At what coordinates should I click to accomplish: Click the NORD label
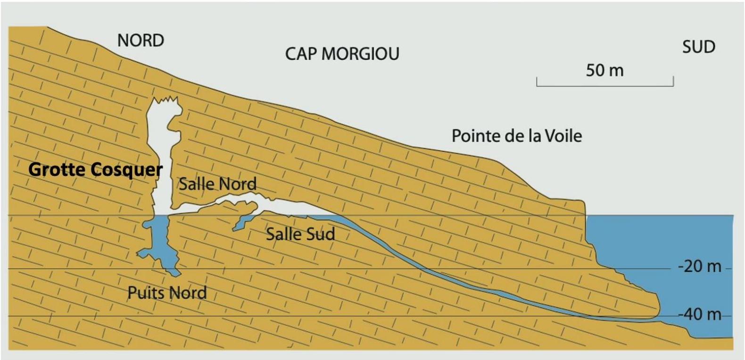[x=141, y=41]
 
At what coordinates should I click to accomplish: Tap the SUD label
[x=699, y=47]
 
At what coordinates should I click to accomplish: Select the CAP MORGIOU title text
[x=342, y=54]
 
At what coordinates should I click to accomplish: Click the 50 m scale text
[x=604, y=70]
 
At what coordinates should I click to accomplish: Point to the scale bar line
[x=605, y=86]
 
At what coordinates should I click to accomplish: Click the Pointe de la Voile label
[x=517, y=136]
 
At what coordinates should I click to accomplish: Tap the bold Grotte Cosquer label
[x=95, y=170]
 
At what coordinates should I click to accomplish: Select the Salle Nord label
[x=218, y=184]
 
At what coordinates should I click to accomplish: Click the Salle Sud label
[x=300, y=234]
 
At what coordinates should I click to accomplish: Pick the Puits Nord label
[x=167, y=293]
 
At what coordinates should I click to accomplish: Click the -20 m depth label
[x=699, y=267]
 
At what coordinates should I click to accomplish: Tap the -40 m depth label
[x=699, y=314]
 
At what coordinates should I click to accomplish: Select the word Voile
[x=564, y=136]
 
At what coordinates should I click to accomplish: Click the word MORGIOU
[x=360, y=54]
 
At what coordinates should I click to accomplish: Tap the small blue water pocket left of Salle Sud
[x=244, y=222]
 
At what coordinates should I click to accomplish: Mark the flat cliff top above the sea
[x=565, y=200]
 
